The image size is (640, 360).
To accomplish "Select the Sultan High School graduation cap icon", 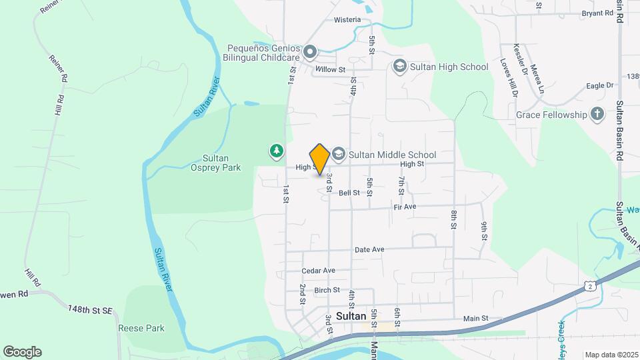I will coord(399,66).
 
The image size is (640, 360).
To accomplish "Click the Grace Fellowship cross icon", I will coord(597,115).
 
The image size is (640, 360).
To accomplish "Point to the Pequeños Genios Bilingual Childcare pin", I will coord(309,51).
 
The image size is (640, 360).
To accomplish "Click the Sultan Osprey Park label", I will coord(221,163).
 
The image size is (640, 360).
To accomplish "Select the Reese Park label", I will coord(141,328).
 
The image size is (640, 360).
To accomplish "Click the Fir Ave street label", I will coord(405,207).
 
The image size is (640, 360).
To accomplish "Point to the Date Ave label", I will coord(369,249).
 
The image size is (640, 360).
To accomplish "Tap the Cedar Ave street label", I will coord(318,271).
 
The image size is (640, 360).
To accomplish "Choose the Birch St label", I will coord(327,290).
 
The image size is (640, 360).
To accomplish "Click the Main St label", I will coord(476,319).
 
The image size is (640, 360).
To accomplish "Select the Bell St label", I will coord(349,193).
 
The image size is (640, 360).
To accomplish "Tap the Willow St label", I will coord(330,69).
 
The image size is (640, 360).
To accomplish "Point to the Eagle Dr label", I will coord(599,85).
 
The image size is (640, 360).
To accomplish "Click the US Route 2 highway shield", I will coord(590,286).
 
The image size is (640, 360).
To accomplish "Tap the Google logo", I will coord(22,352).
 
